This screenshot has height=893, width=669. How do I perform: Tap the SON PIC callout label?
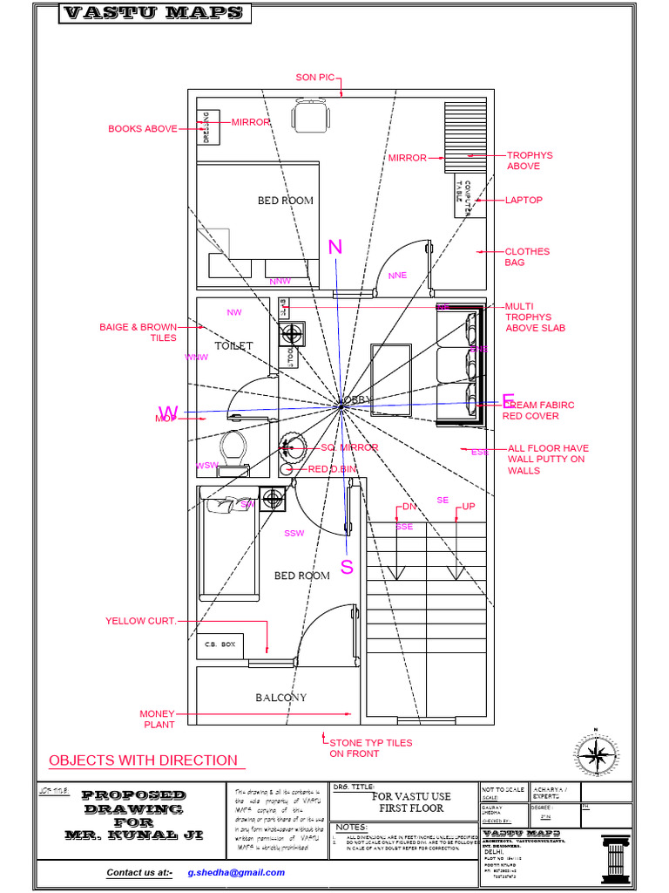pos(314,78)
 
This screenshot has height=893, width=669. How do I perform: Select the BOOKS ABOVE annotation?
pos(142,129)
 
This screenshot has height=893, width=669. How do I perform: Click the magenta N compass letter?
pos(335,249)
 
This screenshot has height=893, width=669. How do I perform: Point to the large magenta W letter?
pos(168,412)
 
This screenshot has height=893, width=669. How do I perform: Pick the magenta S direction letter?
pos(347,568)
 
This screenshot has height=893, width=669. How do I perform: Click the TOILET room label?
pos(233,346)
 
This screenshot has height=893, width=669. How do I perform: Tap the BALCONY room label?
pos(280,698)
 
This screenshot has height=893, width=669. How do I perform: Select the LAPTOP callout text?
pos(524,200)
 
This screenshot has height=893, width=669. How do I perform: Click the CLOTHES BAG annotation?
pos(527,256)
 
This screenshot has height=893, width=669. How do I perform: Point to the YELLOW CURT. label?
pos(141,621)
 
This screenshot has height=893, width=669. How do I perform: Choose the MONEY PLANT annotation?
pos(158,719)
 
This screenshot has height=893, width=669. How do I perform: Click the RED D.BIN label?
pos(332,469)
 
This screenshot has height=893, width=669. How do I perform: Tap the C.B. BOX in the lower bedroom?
pos(220,644)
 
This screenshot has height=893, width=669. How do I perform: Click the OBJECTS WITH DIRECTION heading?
pos(143,760)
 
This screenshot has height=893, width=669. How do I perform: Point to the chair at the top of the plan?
pos(311,115)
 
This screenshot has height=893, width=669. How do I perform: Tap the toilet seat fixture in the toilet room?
pos(233,446)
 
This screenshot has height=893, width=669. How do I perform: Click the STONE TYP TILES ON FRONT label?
pos(370,748)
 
